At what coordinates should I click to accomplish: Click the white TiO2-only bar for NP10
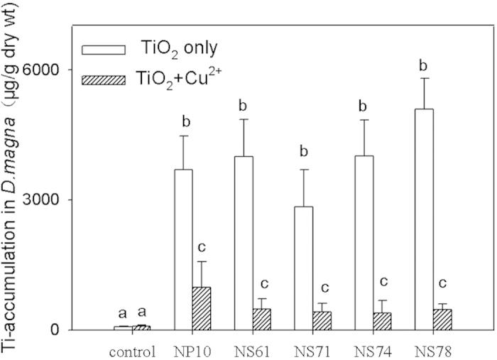point(183,249)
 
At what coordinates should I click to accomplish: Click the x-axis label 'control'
point(132,350)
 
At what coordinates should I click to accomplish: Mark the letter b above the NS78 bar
point(423,66)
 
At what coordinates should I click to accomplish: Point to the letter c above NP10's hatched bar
point(202,249)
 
